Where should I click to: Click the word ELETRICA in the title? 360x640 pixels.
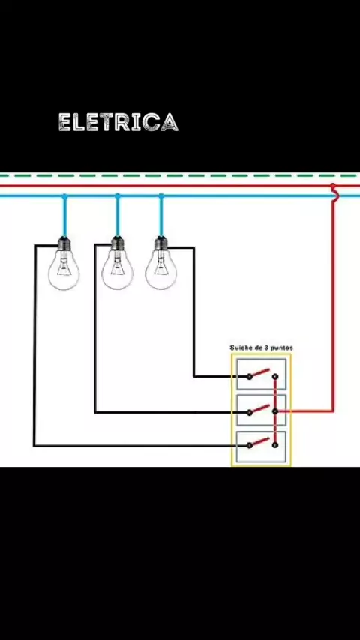click(x=118, y=122)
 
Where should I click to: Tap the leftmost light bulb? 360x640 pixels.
click(x=64, y=264)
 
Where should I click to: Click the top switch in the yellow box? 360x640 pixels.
click(x=262, y=374)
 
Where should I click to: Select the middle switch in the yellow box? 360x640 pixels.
click(x=262, y=410)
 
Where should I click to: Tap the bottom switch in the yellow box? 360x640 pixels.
click(x=262, y=446)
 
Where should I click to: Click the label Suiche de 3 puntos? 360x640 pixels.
click(x=261, y=348)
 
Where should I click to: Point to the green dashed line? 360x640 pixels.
click(x=180, y=175)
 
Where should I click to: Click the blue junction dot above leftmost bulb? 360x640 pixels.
click(x=64, y=196)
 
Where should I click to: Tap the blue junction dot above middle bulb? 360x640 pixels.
click(x=118, y=196)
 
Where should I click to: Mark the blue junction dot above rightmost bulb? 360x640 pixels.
click(x=161, y=196)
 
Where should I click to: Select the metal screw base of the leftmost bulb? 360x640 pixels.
click(x=64, y=244)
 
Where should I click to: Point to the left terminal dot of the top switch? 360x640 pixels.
click(x=249, y=376)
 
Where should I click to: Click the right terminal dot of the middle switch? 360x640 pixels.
click(x=275, y=411)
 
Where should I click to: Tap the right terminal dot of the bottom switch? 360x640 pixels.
click(x=275, y=445)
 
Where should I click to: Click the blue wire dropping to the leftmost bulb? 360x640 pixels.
click(x=64, y=217)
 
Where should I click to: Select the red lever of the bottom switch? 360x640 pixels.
click(x=260, y=441)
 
